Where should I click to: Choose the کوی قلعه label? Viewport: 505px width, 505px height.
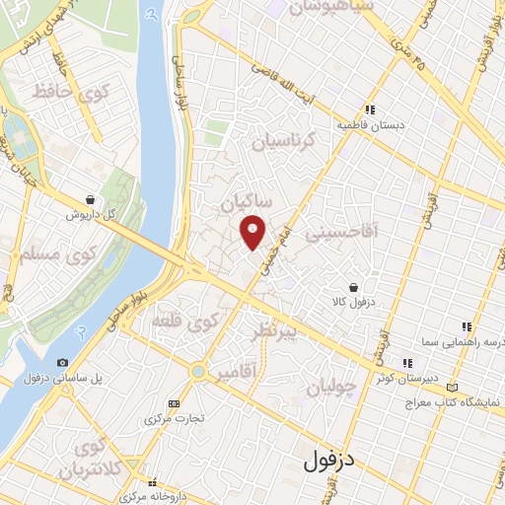[x=184, y=322]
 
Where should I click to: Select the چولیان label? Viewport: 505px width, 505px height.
[x=328, y=388]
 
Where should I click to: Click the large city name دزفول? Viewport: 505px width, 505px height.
[x=330, y=458]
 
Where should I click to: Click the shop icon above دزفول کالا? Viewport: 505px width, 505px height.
[x=354, y=261]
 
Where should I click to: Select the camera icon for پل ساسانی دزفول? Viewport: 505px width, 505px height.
[x=63, y=362]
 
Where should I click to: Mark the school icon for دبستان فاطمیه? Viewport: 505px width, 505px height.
[x=370, y=110]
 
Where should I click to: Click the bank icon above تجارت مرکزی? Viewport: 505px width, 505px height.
[x=175, y=403]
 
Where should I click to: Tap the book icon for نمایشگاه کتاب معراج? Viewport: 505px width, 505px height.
[x=453, y=387]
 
